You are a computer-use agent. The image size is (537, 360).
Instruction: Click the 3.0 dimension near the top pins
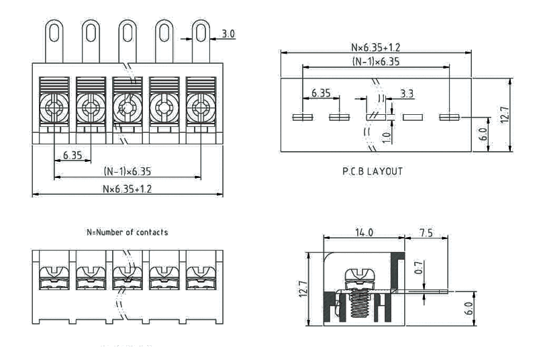[x=228, y=33]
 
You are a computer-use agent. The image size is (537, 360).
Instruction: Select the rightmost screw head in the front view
[x=199, y=105]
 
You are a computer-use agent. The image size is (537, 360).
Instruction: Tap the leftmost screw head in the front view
[x=53, y=105]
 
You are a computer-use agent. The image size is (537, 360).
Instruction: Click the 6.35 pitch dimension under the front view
[x=72, y=155]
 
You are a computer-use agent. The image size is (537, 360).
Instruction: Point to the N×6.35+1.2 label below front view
[x=127, y=189]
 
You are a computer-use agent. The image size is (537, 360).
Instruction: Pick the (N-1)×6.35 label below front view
[x=128, y=171]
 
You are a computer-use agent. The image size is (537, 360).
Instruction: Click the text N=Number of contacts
[x=127, y=232]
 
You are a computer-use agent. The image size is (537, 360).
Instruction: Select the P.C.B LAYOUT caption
[x=373, y=171]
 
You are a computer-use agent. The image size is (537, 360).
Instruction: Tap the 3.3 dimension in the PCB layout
[x=406, y=93]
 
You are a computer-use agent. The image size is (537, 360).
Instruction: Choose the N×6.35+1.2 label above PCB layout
[x=376, y=48]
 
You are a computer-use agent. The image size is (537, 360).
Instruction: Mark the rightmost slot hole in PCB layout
[x=448, y=118]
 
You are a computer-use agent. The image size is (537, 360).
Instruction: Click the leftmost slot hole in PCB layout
[x=302, y=118]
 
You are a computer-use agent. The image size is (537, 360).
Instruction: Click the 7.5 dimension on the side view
[x=426, y=232]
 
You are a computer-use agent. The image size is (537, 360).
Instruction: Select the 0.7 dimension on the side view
[x=418, y=269]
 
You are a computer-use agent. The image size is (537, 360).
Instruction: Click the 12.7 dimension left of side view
[x=303, y=289]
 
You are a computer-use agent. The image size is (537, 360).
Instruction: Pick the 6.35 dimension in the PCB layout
[x=320, y=93]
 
